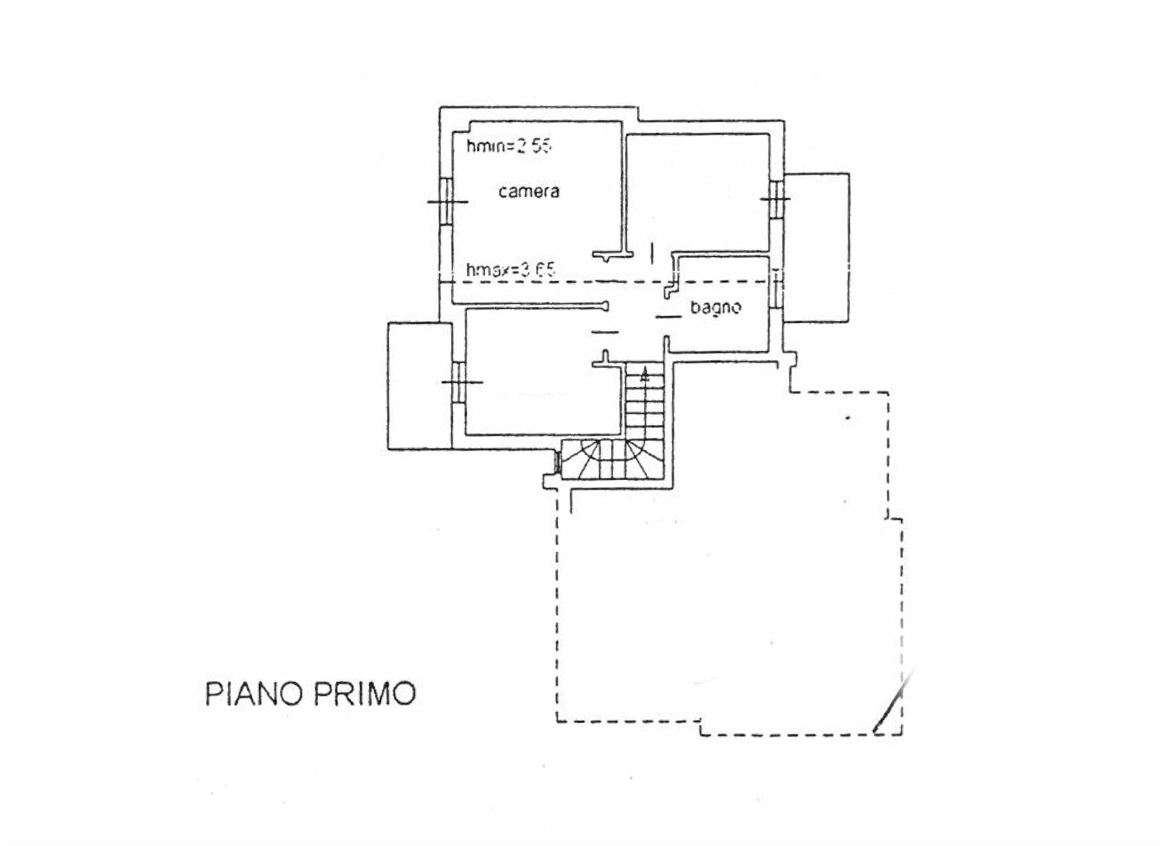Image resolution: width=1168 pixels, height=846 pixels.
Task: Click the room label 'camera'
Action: pyautogui.click(x=529, y=192)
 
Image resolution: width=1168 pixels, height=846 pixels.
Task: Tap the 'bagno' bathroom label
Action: pyautogui.click(x=715, y=307)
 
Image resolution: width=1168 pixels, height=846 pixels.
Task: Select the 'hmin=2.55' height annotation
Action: pyautogui.click(x=509, y=146)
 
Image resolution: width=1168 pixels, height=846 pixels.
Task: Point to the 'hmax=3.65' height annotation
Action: pyautogui.click(x=510, y=270)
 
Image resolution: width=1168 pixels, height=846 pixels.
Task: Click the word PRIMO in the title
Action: pyautogui.click(x=364, y=694)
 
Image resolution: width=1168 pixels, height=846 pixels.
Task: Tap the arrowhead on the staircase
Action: pyautogui.click(x=645, y=375)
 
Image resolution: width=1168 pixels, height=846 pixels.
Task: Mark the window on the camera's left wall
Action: pyautogui.click(x=447, y=201)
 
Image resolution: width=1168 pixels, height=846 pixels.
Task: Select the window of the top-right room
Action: pyautogui.click(x=776, y=198)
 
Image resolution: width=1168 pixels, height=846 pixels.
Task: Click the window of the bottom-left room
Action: pyautogui.click(x=459, y=382)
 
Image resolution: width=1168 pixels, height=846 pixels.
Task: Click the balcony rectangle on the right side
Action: pyautogui.click(x=816, y=248)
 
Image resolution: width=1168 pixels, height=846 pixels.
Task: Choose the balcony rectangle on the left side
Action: pyautogui.click(x=420, y=386)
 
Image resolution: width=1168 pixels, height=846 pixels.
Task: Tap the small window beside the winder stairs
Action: pyautogui.click(x=557, y=461)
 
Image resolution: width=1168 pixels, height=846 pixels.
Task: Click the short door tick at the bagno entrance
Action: pyautogui.click(x=668, y=317)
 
